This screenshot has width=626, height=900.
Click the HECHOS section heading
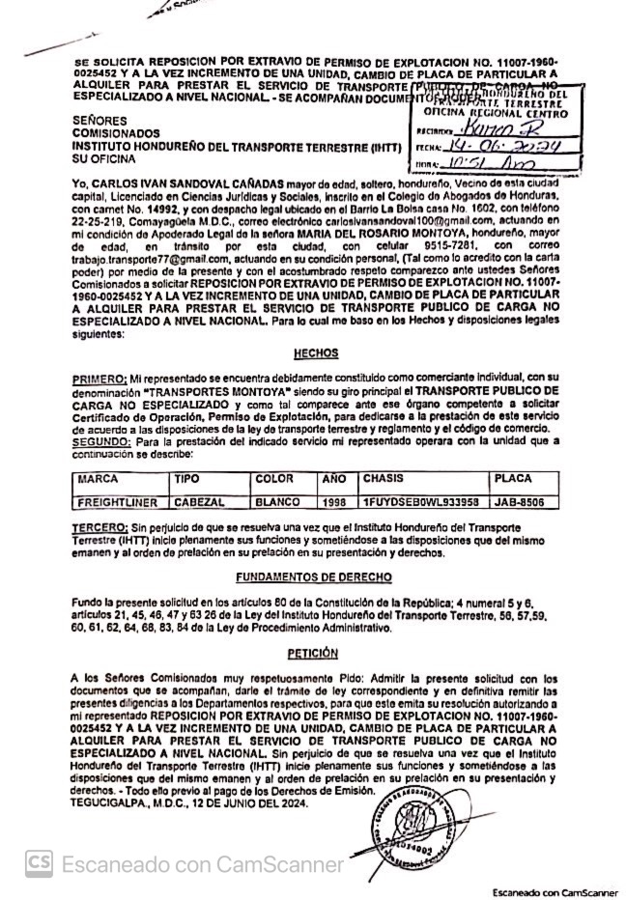316,353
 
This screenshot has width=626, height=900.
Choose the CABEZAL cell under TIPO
199,503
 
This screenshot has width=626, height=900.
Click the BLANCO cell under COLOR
277,503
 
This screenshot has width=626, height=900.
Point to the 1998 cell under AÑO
334,503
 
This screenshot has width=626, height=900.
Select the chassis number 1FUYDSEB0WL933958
420,503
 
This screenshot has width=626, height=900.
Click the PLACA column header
512,479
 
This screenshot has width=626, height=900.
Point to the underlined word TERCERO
100,529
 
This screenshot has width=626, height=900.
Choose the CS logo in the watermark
39,862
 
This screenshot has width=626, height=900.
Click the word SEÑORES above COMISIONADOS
100,122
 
